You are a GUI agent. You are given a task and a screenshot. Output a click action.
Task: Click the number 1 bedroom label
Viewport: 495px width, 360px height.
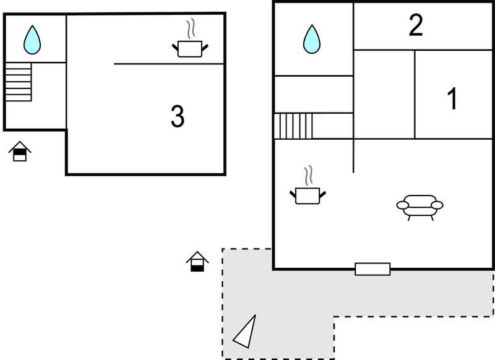[453, 98]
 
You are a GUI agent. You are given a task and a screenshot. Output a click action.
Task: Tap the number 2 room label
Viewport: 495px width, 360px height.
[416, 25]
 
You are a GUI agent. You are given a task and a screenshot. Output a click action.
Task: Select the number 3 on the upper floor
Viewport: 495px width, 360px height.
[178, 116]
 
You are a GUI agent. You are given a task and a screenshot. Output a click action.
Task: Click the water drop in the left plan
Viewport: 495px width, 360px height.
[32, 40]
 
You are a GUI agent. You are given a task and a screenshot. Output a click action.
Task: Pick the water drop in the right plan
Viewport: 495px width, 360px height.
[312, 39]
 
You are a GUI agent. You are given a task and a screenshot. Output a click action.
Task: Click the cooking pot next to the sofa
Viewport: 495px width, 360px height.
[308, 195]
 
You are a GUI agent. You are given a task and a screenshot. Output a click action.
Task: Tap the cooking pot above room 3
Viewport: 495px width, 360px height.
[190, 49]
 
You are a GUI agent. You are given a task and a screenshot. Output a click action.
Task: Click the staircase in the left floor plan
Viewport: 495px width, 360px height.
[19, 82]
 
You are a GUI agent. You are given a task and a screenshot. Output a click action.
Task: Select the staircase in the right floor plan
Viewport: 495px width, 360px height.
[293, 126]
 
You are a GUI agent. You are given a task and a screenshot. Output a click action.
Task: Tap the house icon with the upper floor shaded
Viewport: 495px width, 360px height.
[20, 151]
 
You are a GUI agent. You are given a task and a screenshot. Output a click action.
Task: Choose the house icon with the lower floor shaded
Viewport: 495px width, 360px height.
[197, 262]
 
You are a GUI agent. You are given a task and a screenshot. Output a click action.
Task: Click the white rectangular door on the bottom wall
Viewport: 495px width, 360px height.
[372, 269]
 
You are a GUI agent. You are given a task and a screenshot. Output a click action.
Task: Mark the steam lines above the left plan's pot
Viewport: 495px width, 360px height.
[190, 28]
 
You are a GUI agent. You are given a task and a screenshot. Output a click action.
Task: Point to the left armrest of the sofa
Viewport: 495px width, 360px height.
[403, 205]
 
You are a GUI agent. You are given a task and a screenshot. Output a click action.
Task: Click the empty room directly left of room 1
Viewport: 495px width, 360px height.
[384, 94]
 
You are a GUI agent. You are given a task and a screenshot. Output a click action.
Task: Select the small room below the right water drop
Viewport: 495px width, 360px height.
[314, 95]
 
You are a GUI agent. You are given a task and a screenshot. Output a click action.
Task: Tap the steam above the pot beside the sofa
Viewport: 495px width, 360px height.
[308, 175]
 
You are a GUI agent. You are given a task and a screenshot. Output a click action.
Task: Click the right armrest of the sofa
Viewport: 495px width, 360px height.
[437, 205]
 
